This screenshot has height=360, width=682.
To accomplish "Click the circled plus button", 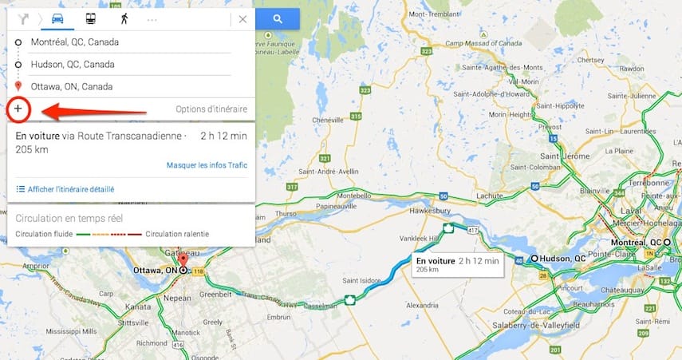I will tap(18, 108).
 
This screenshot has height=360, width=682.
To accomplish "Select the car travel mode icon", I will tap(57, 18).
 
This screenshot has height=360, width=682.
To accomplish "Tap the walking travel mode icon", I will tap(124, 18).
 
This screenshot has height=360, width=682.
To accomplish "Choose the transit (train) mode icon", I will tap(91, 18).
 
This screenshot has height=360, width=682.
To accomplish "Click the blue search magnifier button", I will tap(277, 18).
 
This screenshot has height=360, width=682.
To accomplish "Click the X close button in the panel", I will tap(242, 18).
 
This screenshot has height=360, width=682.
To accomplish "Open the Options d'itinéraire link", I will tap(211, 109).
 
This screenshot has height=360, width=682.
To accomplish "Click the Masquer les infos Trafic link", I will tap(207, 165).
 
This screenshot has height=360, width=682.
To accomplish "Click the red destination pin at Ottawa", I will tap(183, 260).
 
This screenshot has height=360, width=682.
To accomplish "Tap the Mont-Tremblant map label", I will tap(433, 14).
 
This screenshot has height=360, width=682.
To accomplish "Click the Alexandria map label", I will tap(422, 305).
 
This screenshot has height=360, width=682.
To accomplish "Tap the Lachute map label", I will tap(488, 195).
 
